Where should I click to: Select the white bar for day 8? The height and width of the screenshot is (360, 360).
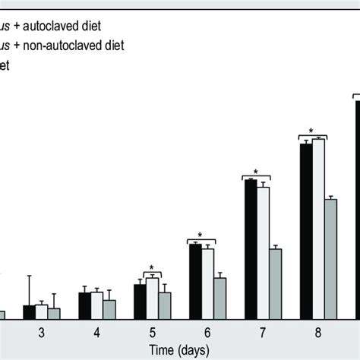click(318, 229)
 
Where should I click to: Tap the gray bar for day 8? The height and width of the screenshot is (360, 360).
click(330, 259)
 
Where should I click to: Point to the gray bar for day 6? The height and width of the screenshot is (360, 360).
click(219, 298)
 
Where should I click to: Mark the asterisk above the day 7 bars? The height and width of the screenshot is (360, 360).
click(256, 172)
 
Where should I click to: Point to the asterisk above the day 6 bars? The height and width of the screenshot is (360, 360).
click(200, 235)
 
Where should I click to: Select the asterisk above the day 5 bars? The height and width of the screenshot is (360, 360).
click(151, 268)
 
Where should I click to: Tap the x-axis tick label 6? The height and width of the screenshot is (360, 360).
click(207, 333)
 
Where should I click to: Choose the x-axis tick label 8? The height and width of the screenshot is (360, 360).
click(318, 333)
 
